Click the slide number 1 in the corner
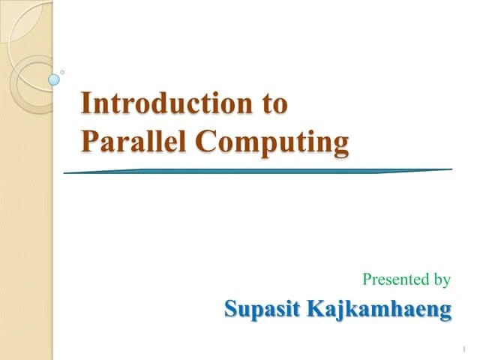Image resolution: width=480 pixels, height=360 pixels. tap(465, 349)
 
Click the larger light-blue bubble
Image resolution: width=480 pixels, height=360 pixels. tap(54, 79)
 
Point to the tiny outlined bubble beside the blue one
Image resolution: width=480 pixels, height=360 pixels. tap(62, 72)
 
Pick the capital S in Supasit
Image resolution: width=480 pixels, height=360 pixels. tap(232, 309)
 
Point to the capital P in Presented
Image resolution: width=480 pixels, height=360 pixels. tap(367, 280)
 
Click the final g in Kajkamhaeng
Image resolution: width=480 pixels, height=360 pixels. tap(445, 311)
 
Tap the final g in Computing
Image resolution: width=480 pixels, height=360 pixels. tap(341, 143)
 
